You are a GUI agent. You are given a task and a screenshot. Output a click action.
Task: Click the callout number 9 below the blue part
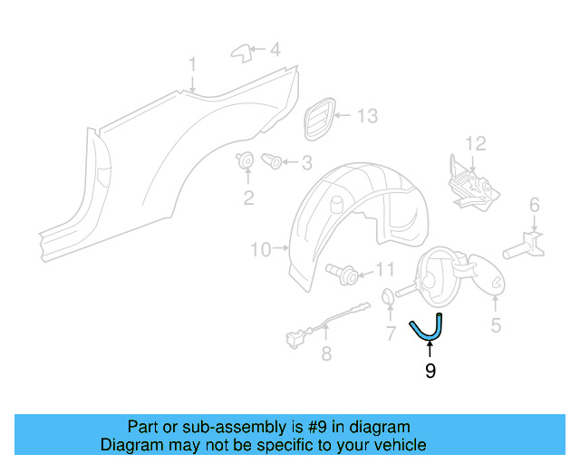pyautogui.click(x=430, y=371)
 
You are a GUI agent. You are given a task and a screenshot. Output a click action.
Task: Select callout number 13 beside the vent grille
pyautogui.click(x=366, y=116)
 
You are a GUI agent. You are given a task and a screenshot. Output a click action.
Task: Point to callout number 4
pyautogui.click(x=275, y=49)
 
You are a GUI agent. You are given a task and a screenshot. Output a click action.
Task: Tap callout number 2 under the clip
pyautogui.click(x=247, y=198)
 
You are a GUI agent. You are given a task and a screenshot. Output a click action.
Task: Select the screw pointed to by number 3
pyautogui.click(x=271, y=162)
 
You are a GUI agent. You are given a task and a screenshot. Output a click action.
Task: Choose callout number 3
pyautogui.click(x=306, y=163)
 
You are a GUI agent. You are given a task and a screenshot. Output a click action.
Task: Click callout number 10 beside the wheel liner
pyautogui.click(x=261, y=249)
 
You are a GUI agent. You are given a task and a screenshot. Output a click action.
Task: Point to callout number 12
pyautogui.click(x=476, y=143)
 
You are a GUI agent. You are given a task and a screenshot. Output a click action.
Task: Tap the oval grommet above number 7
pyautogui.click(x=386, y=296)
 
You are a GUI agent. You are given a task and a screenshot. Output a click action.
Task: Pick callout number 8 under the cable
pyautogui.click(x=326, y=354)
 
